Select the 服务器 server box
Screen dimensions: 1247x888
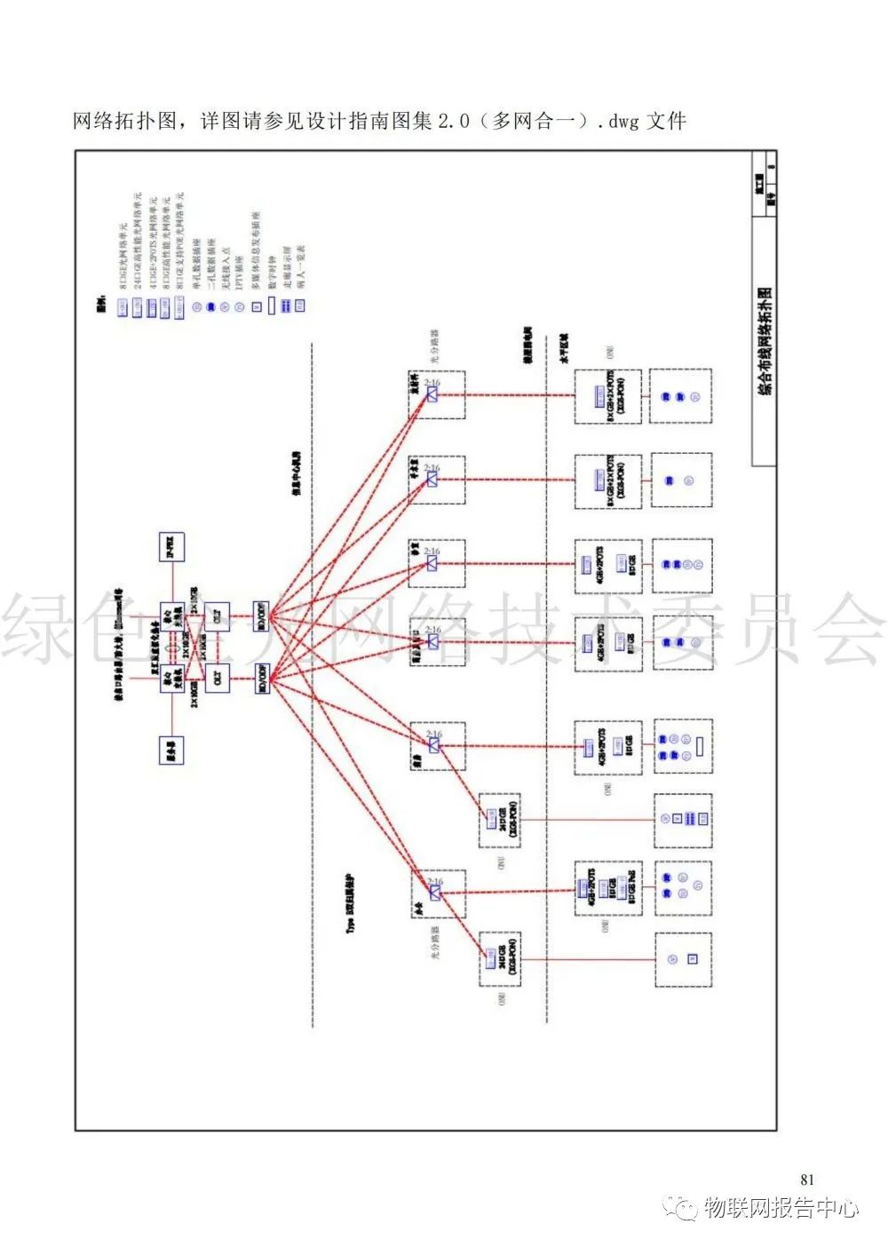(172, 751)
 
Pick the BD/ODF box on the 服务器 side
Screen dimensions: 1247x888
(263, 679)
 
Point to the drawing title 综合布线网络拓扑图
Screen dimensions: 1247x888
(764, 341)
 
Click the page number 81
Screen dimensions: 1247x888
(806, 1179)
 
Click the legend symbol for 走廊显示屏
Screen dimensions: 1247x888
(285, 306)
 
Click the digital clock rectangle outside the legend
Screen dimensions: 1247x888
(701, 745)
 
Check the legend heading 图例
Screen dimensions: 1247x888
(101, 306)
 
